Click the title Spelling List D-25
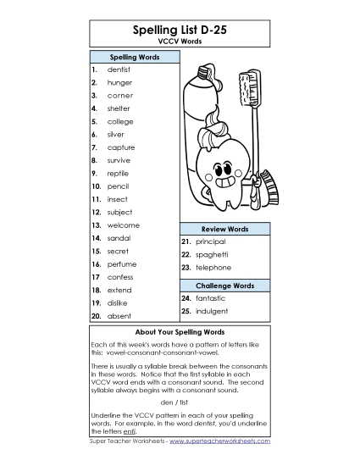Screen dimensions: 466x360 pyautogui.click(x=180, y=29)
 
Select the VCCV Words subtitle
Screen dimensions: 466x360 pyautogui.click(x=180, y=41)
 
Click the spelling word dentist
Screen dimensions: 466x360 pyautogui.click(x=119, y=69)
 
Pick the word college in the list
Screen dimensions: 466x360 pyautogui.click(x=120, y=121)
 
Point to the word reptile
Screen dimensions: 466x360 pyautogui.click(x=119, y=173)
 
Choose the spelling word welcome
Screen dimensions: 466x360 pyautogui.click(x=123, y=225)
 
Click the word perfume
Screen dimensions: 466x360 pyautogui.click(x=121, y=264)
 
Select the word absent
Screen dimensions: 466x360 pyautogui.click(x=119, y=315)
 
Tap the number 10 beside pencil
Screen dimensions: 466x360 pyautogui.click(x=97, y=186)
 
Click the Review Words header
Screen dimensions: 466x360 pyautogui.click(x=224, y=229)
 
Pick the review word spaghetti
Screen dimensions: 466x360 pyautogui.click(x=211, y=254)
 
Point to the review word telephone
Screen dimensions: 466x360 pyautogui.click(x=213, y=267)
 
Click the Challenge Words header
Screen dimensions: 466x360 pyautogui.click(x=224, y=286)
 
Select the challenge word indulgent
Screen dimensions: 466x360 pyautogui.click(x=211, y=311)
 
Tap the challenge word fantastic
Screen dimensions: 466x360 pyautogui.click(x=210, y=298)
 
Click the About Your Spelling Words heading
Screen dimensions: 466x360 pyautogui.click(x=180, y=331)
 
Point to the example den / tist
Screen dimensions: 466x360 pyautogui.click(x=180, y=401)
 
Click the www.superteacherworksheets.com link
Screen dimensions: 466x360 pyautogui.click(x=219, y=441)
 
